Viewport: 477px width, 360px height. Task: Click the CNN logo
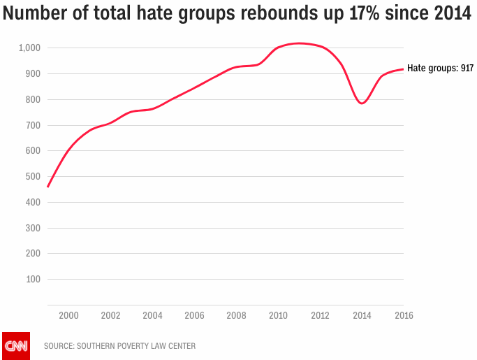16,345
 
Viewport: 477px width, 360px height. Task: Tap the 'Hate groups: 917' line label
441,69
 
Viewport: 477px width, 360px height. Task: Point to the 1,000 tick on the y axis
29,48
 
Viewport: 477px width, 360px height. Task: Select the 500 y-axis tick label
32,176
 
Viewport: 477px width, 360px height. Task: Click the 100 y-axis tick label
32,279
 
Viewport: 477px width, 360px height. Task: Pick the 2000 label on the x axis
68,315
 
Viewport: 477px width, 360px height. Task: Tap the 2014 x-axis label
362,315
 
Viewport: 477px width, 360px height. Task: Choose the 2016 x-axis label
404,315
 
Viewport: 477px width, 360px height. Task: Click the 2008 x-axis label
236,315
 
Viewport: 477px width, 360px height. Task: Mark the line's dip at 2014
362,103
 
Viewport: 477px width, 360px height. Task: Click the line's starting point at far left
47,187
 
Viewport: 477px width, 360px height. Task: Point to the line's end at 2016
403,69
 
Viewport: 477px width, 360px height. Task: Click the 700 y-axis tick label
32,125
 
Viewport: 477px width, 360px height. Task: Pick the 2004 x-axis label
152,315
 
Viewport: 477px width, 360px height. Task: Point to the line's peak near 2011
299,43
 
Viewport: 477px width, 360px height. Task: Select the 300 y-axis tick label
32,228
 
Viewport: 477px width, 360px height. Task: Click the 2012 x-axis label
321,315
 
